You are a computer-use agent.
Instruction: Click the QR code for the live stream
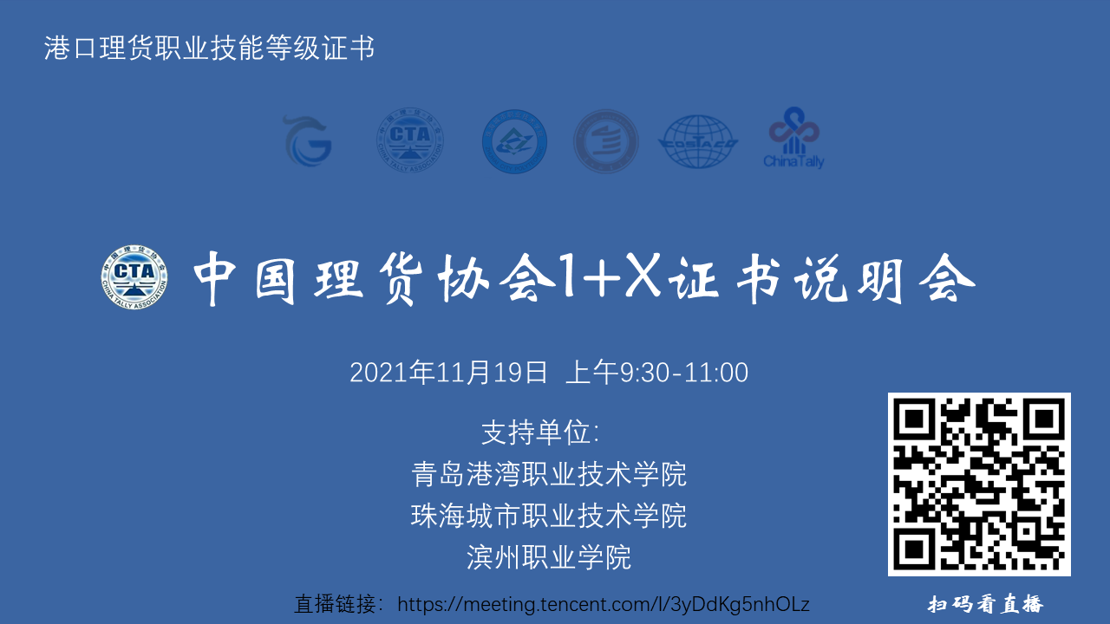(x=979, y=484)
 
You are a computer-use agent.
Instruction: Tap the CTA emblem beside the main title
(x=134, y=276)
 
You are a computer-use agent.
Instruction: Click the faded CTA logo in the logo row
(x=410, y=140)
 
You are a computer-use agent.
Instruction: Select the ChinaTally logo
(x=793, y=138)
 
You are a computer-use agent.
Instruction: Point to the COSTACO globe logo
(x=698, y=141)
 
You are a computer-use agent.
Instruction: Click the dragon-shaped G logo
(x=308, y=141)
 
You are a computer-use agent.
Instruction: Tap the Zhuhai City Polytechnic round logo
(x=515, y=141)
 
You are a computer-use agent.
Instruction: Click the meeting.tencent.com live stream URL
(x=603, y=605)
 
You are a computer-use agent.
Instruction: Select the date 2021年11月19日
(x=448, y=373)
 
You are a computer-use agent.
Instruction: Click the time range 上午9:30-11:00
(x=657, y=373)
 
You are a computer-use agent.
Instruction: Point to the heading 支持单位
(x=540, y=432)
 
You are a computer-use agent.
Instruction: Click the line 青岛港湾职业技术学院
(x=549, y=474)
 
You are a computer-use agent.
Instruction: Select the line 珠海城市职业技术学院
(x=549, y=516)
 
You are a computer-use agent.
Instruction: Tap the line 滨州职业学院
(x=549, y=557)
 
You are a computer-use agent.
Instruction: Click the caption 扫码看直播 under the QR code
(x=986, y=604)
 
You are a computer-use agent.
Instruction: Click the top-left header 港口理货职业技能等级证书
(x=209, y=48)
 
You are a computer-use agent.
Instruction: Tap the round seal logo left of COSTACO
(x=605, y=141)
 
